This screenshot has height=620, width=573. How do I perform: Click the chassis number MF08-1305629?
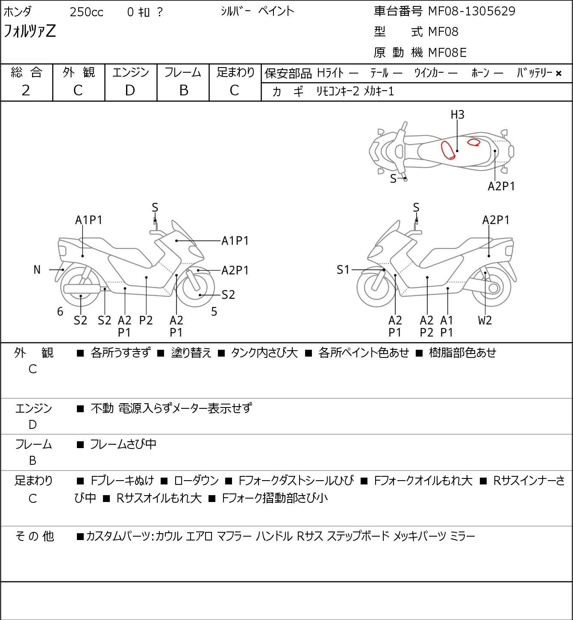click(x=471, y=11)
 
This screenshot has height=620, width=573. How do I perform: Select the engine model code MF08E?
click(x=447, y=53)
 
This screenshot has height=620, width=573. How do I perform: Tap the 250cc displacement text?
click(x=86, y=12)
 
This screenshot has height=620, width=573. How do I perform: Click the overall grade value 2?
click(x=26, y=91)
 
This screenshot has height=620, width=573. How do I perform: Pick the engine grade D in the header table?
click(x=130, y=91)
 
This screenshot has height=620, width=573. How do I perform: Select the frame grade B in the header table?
click(x=183, y=91)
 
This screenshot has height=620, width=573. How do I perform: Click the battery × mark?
click(x=558, y=74)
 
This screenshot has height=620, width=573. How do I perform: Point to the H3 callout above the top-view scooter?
click(x=458, y=115)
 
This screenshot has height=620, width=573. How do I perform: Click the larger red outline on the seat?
click(x=448, y=150)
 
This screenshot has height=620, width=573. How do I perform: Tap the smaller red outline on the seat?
click(x=473, y=142)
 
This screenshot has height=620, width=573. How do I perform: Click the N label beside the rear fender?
click(x=37, y=270)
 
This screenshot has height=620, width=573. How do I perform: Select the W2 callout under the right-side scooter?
click(x=485, y=320)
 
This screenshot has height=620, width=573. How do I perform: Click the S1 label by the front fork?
click(x=343, y=270)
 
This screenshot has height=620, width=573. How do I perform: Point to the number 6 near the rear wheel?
click(x=60, y=312)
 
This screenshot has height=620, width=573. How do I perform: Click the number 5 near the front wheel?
click(x=214, y=312)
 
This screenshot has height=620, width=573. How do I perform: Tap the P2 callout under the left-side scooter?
click(x=146, y=320)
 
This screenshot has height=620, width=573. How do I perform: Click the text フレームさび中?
click(x=123, y=444)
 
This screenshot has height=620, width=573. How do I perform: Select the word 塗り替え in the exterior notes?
click(x=191, y=353)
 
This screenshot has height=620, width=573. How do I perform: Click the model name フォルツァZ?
click(x=29, y=31)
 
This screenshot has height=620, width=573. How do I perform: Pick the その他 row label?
click(x=34, y=536)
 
